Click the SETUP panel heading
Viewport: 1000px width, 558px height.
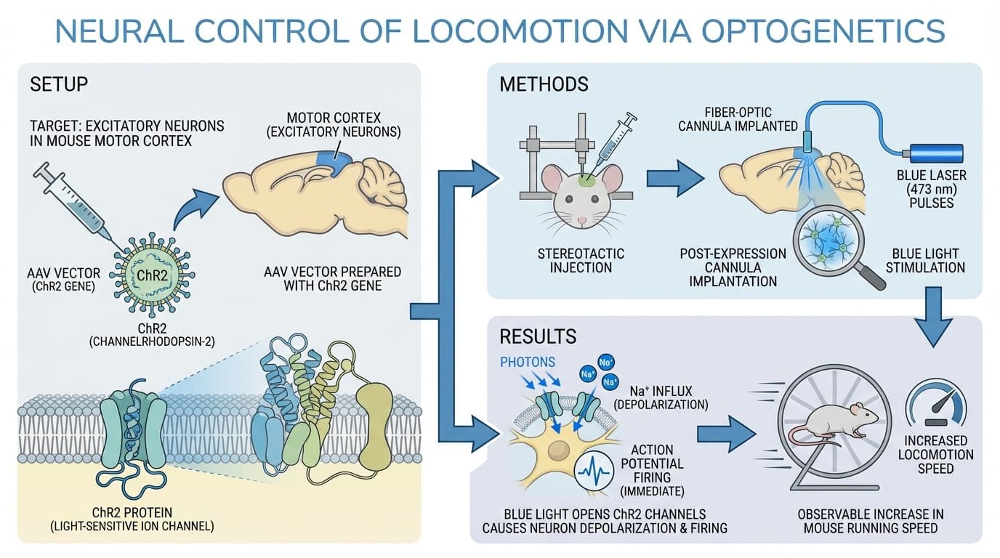[59, 84]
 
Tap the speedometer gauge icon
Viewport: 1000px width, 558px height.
[935, 397]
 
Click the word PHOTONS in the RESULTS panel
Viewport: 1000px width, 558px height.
[528, 361]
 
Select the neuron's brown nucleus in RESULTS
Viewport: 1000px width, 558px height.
[559, 448]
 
